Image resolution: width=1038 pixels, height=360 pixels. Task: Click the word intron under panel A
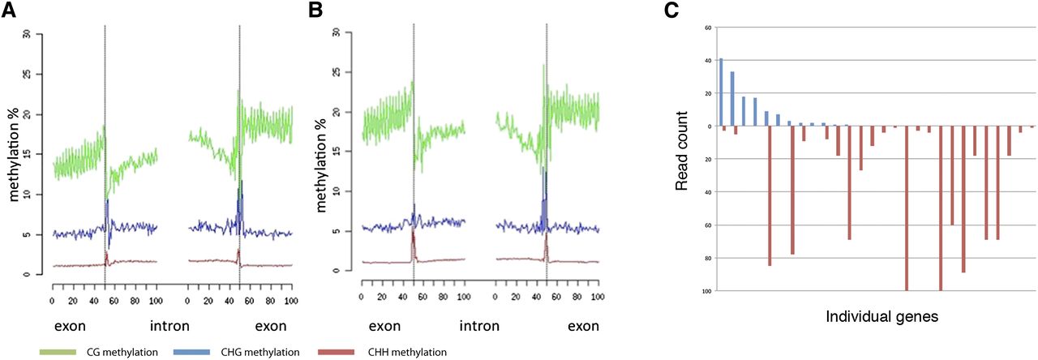click(170, 327)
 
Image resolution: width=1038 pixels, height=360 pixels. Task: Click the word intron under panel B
click(478, 327)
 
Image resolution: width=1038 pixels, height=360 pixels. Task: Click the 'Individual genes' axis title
click(881, 316)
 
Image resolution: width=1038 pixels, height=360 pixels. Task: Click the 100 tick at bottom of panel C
click(706, 290)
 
